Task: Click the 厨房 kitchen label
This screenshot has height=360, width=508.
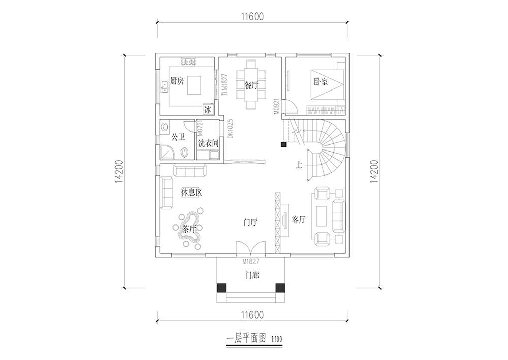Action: (x=177, y=81)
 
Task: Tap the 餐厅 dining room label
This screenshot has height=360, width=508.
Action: (x=251, y=85)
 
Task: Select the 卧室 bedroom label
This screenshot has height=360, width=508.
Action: (x=321, y=81)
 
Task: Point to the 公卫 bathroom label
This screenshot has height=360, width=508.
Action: (x=178, y=137)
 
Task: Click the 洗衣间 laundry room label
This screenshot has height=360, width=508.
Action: (x=208, y=143)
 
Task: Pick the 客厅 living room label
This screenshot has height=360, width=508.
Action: (x=298, y=219)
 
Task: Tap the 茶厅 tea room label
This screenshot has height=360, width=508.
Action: (x=189, y=230)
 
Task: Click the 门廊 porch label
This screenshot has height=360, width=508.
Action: (x=252, y=276)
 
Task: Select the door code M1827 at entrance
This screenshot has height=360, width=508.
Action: (x=250, y=262)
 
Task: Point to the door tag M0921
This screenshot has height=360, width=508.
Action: (x=276, y=106)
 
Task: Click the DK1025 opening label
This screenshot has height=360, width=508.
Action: (x=230, y=129)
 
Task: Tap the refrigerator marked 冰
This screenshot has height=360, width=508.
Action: (x=207, y=110)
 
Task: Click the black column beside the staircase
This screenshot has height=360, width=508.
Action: (x=283, y=144)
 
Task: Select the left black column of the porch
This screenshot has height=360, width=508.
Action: (x=221, y=288)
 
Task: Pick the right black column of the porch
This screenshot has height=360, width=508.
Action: (x=280, y=288)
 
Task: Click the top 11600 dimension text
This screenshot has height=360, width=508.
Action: (x=252, y=16)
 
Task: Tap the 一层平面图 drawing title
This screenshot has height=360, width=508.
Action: (x=246, y=339)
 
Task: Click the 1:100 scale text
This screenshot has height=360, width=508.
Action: (x=277, y=340)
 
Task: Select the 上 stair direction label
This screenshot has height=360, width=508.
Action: (x=299, y=165)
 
